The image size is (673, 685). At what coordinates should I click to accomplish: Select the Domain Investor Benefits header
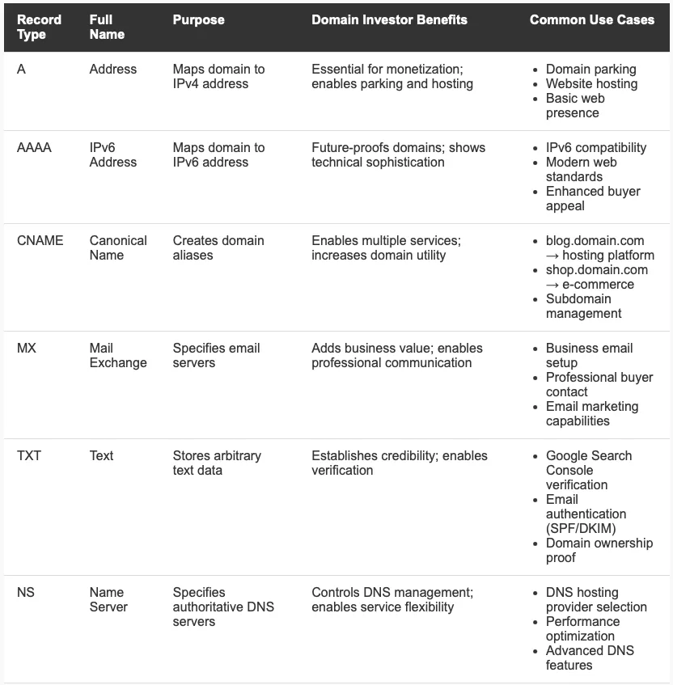[389, 19]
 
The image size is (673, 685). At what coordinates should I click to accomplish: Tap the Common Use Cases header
[591, 19]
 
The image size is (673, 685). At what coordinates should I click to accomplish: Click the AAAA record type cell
[34, 147]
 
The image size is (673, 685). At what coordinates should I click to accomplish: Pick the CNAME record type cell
[40, 240]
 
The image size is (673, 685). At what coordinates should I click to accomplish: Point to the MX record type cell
[26, 348]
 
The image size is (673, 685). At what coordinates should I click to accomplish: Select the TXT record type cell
[28, 455]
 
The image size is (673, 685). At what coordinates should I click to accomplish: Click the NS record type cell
[26, 592]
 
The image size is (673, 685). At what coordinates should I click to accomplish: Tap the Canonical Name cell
[118, 247]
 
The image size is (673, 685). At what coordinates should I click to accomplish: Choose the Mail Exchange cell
[118, 355]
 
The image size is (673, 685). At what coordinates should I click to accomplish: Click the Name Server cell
[108, 599]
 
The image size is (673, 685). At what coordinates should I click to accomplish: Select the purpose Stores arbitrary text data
[217, 463]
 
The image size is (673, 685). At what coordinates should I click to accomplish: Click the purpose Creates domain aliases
[218, 247]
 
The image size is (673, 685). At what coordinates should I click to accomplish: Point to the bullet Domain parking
[590, 70]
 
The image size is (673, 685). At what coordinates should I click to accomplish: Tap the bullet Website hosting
[591, 84]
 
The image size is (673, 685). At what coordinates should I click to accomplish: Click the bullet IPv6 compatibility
[596, 148]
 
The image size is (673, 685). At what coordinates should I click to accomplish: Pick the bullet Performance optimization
[582, 628]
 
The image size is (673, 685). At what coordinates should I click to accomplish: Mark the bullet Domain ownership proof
[599, 550]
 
